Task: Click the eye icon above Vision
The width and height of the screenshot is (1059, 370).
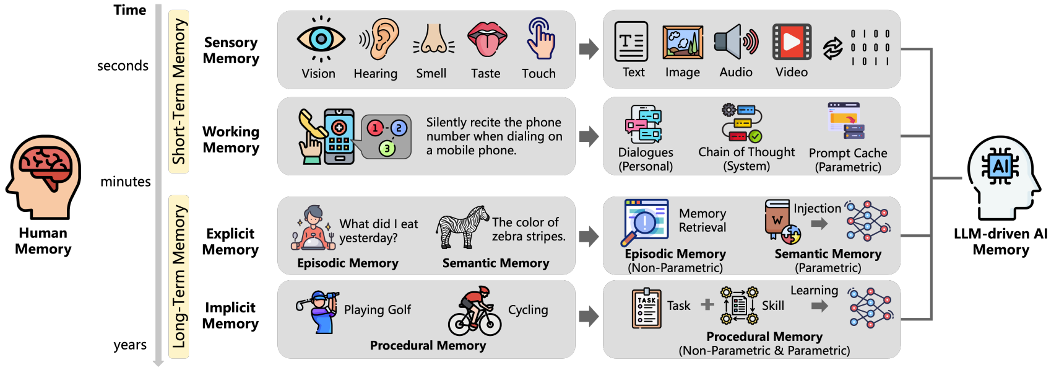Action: [320, 40]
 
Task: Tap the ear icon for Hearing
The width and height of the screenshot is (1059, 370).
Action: [379, 38]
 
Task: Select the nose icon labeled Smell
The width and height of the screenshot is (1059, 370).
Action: [433, 40]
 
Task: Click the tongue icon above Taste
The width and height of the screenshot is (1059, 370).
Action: [486, 38]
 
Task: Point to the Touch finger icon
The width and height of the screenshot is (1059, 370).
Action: [540, 38]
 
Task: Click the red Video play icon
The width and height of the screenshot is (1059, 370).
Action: [792, 42]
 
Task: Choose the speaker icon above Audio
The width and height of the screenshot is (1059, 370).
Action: [735, 42]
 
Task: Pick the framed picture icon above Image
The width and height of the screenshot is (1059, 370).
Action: [683, 42]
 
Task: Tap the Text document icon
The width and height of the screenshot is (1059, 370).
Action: [631, 42]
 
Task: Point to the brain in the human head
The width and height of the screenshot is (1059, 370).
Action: [45, 164]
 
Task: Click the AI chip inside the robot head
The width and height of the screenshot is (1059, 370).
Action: [1000, 166]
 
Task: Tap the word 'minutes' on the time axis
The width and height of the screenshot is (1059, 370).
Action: [126, 182]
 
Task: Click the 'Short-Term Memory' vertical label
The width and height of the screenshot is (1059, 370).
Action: [179, 91]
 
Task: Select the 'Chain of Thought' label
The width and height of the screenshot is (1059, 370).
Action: [746, 152]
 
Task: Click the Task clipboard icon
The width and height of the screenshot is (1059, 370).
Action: [646, 308]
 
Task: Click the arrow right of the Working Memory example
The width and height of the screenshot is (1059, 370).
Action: [589, 136]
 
